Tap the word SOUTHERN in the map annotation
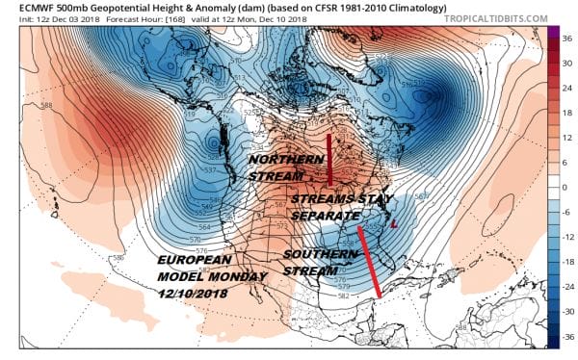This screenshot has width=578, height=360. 314,253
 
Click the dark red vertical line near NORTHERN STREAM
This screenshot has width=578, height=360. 329,160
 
